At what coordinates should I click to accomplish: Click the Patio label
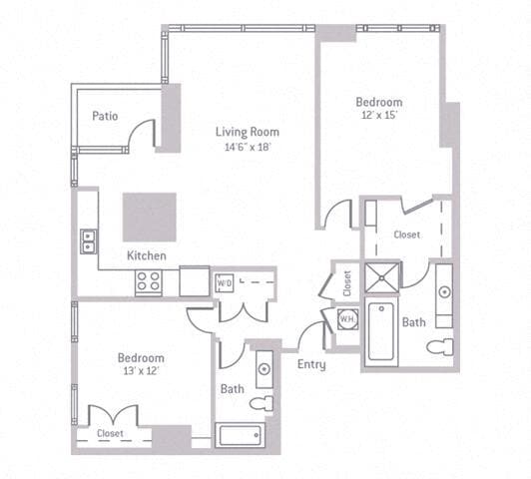tap(105, 116)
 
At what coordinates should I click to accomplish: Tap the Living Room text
tap(248, 132)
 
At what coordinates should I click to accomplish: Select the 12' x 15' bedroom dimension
tap(379, 117)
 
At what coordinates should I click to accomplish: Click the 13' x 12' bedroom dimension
tap(140, 371)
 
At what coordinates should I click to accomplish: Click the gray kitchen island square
tap(150, 217)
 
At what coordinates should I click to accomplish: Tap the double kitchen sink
tap(88, 239)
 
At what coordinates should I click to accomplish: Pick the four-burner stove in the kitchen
tap(150, 281)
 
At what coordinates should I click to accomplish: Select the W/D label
tap(224, 282)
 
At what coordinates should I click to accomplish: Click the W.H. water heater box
tap(347, 319)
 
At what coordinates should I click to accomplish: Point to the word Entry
tap(311, 364)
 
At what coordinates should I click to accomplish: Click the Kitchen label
tap(146, 255)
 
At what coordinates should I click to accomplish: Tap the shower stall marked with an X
tap(380, 276)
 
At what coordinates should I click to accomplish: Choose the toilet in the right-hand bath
tap(440, 347)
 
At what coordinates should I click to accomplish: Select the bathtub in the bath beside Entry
tap(240, 435)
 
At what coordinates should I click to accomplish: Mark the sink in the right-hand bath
tap(443, 292)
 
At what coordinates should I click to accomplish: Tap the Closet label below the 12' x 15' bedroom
tap(406, 235)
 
